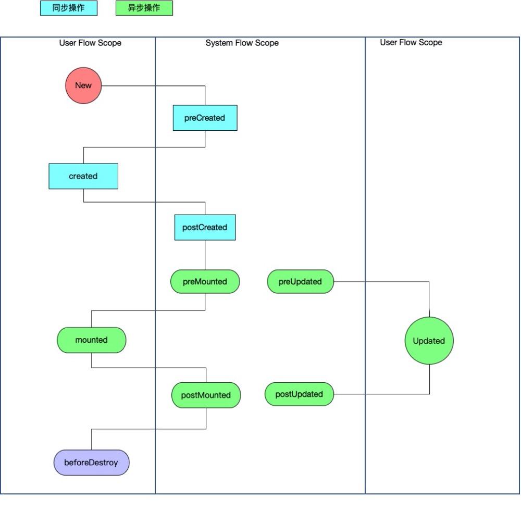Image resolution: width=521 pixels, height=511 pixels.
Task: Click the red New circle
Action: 83,85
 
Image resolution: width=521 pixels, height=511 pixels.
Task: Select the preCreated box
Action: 205,118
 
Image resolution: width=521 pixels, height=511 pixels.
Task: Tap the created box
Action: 83,176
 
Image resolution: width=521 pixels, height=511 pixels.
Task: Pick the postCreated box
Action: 205,228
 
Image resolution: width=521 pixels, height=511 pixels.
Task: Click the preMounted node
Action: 205,282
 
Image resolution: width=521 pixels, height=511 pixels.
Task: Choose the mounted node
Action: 91,340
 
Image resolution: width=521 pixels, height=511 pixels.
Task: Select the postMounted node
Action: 206,395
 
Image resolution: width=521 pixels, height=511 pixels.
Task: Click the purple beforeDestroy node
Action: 91,463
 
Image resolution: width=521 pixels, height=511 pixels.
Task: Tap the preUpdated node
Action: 300,282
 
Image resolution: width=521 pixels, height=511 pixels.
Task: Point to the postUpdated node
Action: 299,394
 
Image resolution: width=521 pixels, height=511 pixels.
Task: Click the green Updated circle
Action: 429,341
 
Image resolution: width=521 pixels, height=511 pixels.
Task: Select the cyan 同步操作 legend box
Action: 69,8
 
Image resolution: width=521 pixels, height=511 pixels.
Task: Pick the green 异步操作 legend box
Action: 144,8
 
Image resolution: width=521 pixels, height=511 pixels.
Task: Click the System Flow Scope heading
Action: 242,43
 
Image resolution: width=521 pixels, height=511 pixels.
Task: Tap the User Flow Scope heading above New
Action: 90,43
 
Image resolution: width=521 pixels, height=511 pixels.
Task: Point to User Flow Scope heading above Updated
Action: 411,42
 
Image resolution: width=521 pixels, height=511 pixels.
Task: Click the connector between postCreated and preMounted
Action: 205,255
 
